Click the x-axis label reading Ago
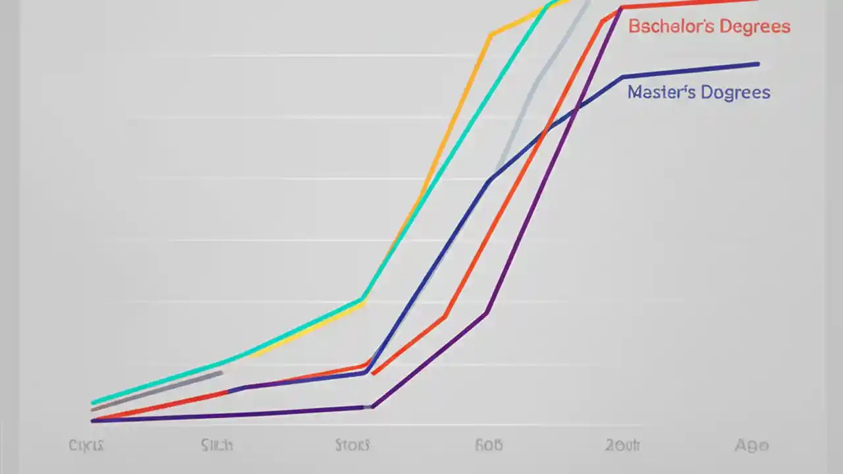tap(751, 446)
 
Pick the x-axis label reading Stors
tap(352, 446)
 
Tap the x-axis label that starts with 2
tap(622, 446)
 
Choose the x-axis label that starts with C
tap(86, 446)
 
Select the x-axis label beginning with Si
tap(217, 446)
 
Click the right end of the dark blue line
tap(758, 64)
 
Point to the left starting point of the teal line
tap(93, 402)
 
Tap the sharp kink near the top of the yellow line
tap(490, 35)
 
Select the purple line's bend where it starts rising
tap(372, 406)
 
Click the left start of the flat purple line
tap(93, 420)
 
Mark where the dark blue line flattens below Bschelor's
tap(623, 77)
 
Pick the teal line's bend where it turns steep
tap(362, 300)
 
